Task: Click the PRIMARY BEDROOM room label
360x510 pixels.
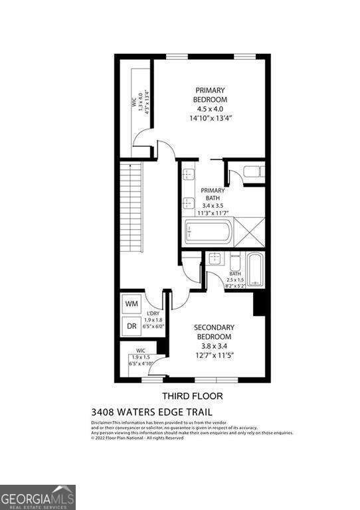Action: pos(209,94)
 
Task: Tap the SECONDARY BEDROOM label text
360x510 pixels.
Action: pos(214,332)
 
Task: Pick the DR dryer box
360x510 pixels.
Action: pos(132,327)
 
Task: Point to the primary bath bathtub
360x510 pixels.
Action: pos(208,232)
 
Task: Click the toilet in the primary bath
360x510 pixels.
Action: pos(254,173)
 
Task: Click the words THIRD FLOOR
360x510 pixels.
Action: pos(192,396)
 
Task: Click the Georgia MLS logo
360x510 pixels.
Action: pos(38,497)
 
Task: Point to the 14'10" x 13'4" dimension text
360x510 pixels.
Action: pos(210,118)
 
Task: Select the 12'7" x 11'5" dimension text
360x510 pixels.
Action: pos(214,356)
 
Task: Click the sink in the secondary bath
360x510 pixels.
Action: pos(215,259)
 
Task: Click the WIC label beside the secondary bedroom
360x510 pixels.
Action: pos(140,350)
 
